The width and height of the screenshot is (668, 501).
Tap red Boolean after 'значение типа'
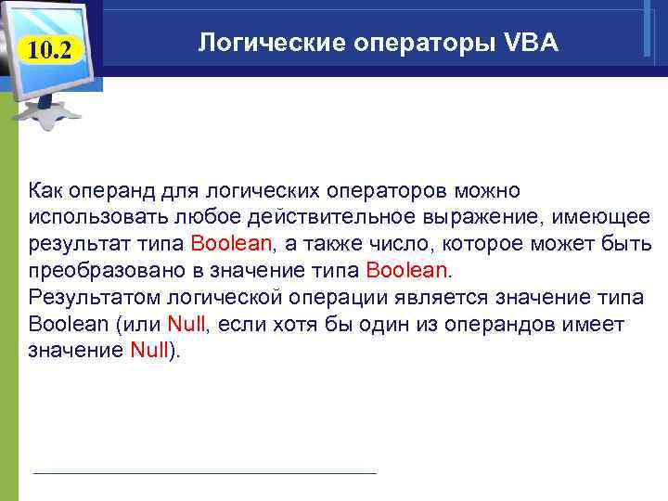point(406,271)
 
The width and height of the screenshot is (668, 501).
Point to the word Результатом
point(88,298)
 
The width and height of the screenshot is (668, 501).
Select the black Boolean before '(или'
point(68,325)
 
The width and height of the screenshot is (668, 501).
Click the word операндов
point(525,325)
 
